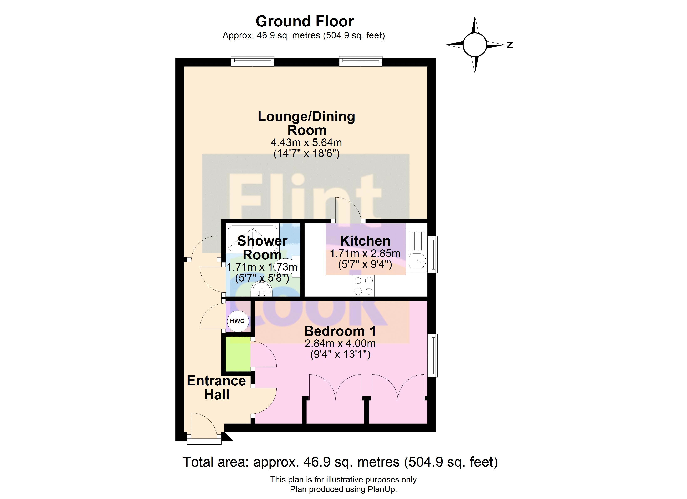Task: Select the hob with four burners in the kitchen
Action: coord(363,286)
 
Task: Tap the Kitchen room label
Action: coord(365,241)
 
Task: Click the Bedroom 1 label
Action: coord(340,331)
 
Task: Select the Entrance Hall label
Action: coord(216,388)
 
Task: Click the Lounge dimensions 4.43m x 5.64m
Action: coord(306,142)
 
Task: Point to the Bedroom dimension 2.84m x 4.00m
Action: coord(340,343)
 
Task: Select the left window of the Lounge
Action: coord(252,61)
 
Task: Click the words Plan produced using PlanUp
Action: coord(343,489)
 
